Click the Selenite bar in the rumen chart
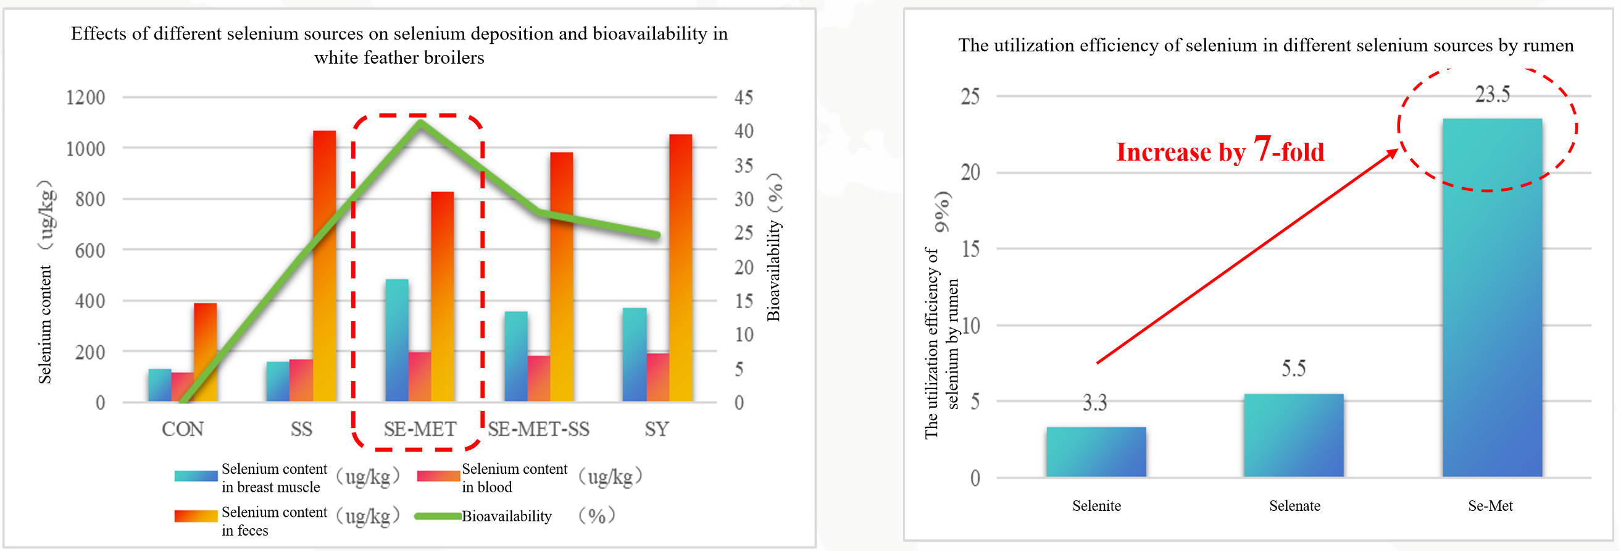(x=1096, y=452)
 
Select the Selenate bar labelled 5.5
(x=1293, y=435)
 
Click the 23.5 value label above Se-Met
(x=1492, y=95)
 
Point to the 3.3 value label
(x=1094, y=402)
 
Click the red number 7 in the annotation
(x=1262, y=149)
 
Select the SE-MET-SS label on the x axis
(x=539, y=429)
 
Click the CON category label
(x=183, y=429)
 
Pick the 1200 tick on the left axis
(x=86, y=98)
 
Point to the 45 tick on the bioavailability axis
(x=743, y=98)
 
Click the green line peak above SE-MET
(x=420, y=121)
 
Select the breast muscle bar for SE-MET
(x=396, y=340)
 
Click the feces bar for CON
(x=205, y=352)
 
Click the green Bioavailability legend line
(x=437, y=516)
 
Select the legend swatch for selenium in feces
(x=196, y=516)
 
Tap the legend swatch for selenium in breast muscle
(x=196, y=476)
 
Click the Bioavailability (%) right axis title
(x=773, y=247)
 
